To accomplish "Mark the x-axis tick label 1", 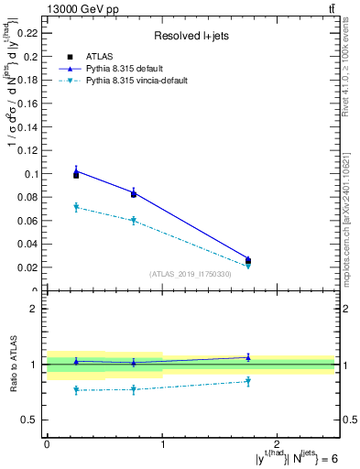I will click(162, 443).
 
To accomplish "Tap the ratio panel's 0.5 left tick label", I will click(33, 420).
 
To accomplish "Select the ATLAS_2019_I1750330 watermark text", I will click(191, 274).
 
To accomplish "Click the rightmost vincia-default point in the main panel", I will click(247, 266).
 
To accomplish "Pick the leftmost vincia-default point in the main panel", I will click(76, 207).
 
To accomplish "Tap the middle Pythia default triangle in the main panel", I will click(134, 192).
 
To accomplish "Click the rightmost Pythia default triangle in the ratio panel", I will click(247, 357).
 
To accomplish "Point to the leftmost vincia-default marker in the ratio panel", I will click(76, 390).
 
